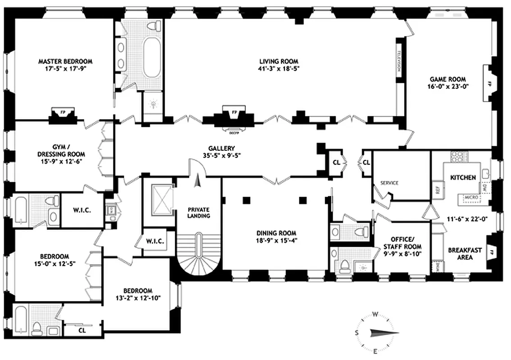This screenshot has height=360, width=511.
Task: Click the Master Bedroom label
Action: point(65,61)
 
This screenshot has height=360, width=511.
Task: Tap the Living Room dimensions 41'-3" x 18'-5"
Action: point(279,69)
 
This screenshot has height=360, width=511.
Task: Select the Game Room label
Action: point(448,79)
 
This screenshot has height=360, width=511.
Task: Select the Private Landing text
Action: point(199,212)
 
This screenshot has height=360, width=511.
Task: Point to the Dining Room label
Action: point(276,233)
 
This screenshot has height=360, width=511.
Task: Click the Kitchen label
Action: point(463,178)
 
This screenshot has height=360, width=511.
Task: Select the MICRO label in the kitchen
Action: point(470,198)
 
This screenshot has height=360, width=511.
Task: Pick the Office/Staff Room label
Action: point(402,243)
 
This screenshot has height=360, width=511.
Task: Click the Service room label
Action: point(390,183)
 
